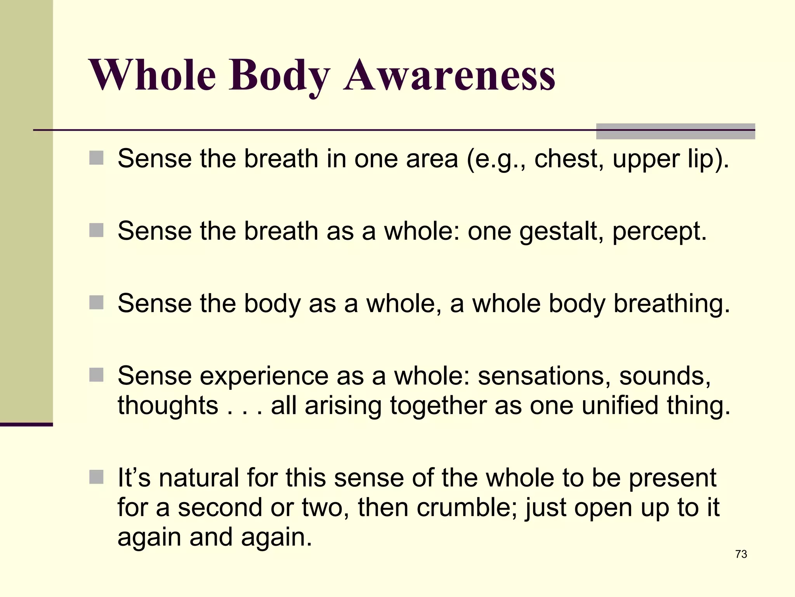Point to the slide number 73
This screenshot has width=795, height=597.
click(741, 554)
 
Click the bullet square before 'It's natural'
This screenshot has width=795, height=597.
click(96, 477)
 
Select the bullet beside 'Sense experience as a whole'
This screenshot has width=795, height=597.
click(96, 375)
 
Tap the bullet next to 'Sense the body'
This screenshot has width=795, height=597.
click(96, 302)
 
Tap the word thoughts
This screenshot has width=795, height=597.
click(168, 406)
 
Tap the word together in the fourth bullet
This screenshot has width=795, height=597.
click(438, 407)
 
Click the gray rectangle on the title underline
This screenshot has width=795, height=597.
click(675, 131)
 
